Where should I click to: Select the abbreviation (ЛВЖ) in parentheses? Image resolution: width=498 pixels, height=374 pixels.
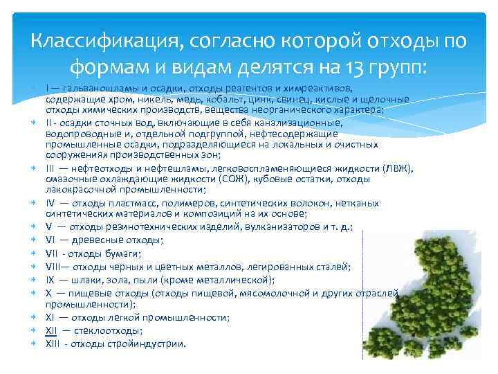coord(397,168)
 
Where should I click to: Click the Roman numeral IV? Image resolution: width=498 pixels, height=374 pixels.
coord(50,204)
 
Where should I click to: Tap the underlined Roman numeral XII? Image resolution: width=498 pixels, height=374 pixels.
coord(51,330)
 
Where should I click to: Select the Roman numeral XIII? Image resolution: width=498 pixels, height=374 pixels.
coord(53,344)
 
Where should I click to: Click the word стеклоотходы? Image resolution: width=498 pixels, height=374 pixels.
coord(107,330)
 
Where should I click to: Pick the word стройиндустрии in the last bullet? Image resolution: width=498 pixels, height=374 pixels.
coord(150,344)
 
